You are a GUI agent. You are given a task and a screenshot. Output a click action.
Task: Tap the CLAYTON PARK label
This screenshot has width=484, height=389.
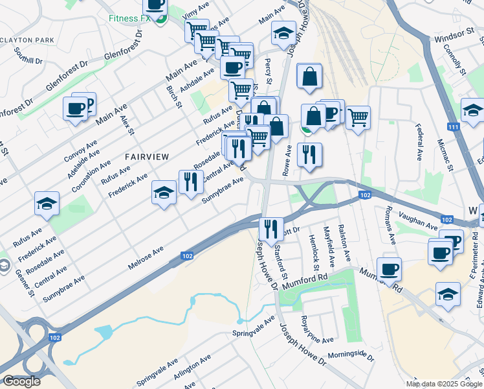(x=27, y=40)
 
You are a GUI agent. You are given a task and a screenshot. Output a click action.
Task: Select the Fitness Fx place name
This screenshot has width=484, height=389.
(x=129, y=19)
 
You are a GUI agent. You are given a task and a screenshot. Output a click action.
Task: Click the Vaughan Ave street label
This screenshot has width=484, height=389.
(x=419, y=222)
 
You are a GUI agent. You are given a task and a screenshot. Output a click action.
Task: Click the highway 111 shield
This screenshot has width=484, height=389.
(x=454, y=127)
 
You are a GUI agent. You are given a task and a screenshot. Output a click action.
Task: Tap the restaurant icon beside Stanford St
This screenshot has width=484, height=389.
(x=270, y=228)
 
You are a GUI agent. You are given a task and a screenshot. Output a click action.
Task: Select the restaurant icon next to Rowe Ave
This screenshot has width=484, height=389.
(x=309, y=154)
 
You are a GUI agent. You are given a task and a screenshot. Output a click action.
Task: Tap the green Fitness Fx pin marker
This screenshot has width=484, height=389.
(x=160, y=18)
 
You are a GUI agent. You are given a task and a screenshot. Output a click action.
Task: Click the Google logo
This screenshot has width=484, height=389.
(x=21, y=381)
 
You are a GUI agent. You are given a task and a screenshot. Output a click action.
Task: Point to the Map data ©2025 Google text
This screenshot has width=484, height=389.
(x=444, y=384)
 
